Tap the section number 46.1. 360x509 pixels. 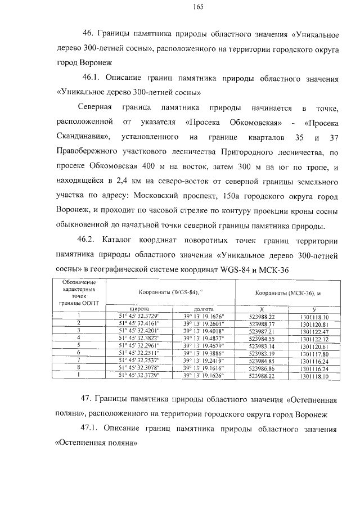pos(92,78)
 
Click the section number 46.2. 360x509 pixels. pos(92,240)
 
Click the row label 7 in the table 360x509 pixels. pos(79,361)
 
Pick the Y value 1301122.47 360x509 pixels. pos(314,331)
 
